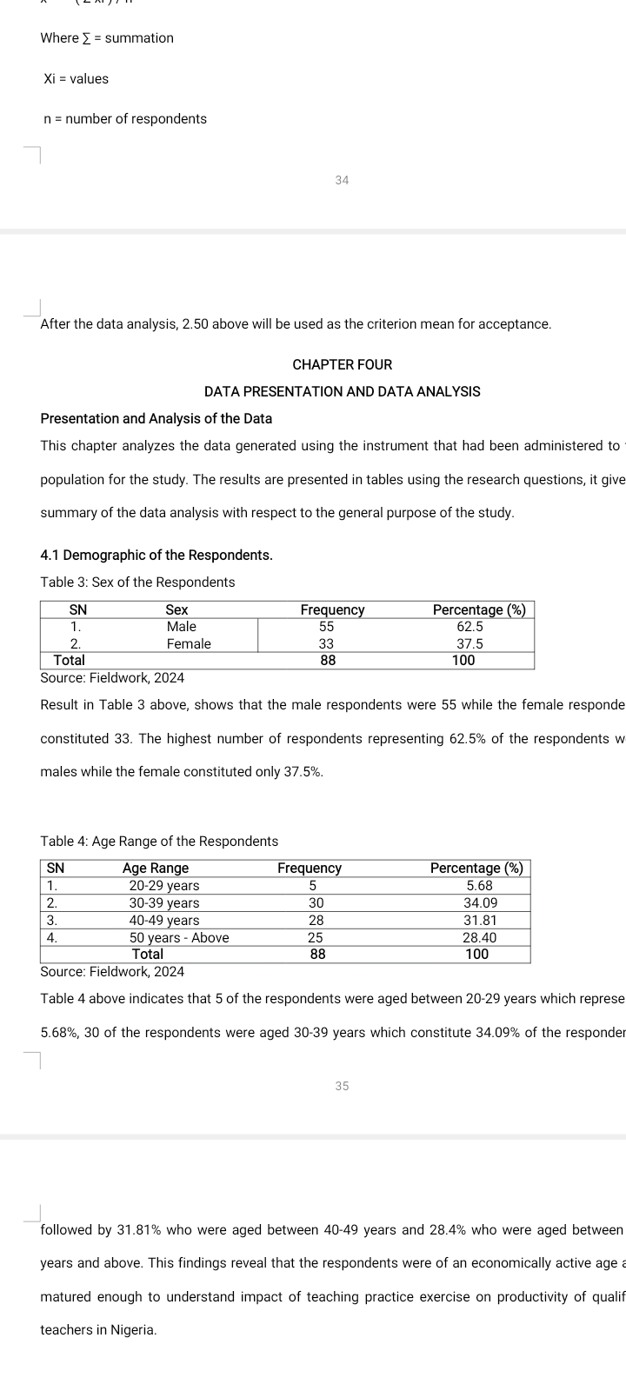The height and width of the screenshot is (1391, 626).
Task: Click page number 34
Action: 342,180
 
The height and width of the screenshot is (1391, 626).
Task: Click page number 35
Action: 342,1086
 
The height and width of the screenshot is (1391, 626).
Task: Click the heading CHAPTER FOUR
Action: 342,364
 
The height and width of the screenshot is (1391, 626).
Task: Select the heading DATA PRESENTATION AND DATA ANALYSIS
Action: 342,391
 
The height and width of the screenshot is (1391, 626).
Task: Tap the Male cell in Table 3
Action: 181,626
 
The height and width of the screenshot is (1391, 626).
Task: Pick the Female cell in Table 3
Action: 189,643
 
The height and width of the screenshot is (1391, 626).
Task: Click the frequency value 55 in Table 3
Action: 327,626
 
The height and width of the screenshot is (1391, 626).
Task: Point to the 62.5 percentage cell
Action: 469,626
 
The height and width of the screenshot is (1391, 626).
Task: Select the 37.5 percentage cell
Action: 469,643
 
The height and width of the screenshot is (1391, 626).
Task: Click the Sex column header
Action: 177,609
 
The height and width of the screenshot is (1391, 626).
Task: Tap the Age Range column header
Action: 156,868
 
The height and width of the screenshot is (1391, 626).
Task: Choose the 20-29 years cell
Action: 163,885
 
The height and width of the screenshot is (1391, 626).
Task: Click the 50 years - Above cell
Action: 179,937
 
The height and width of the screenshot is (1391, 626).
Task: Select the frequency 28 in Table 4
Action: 316,920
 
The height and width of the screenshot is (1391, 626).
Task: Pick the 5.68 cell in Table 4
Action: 480,885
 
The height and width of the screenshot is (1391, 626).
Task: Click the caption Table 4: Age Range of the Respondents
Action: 159,841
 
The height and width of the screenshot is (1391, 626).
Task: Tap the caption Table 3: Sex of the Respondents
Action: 137,582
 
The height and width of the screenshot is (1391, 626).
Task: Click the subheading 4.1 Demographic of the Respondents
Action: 156,555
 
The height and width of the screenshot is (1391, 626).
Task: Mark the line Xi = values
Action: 77,78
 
